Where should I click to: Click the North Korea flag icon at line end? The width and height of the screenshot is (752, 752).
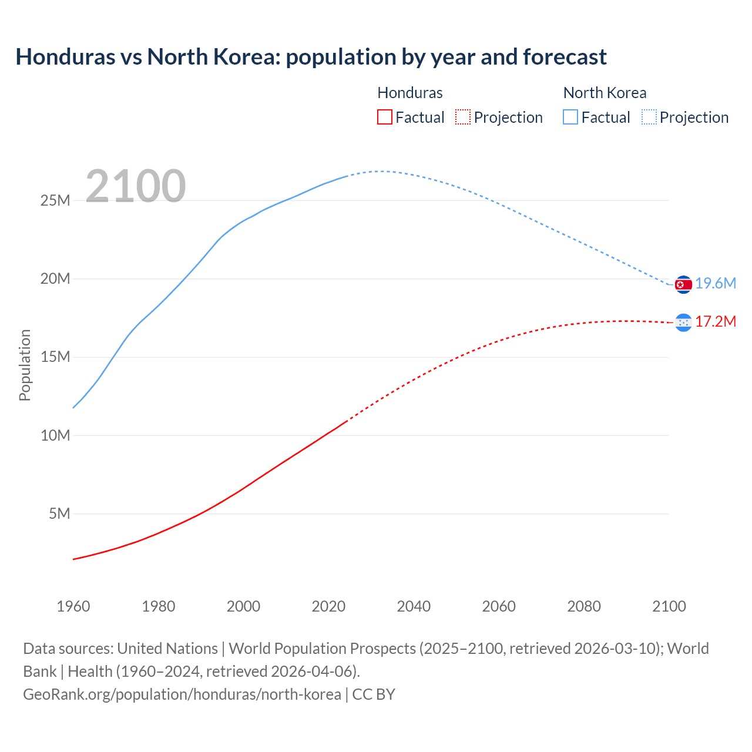tap(683, 284)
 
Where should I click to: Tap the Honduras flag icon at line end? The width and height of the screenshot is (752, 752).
tap(683, 322)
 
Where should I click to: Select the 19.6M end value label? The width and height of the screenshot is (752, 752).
tap(716, 284)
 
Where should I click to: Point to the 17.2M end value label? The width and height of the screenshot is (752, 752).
tap(716, 322)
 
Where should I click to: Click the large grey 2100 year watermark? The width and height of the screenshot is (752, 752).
tap(136, 186)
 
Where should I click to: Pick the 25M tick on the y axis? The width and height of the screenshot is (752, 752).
tap(55, 201)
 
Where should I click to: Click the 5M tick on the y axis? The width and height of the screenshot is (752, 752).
tap(59, 514)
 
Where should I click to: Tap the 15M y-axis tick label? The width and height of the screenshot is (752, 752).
tap(55, 357)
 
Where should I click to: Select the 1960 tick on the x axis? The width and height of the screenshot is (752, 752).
tap(73, 606)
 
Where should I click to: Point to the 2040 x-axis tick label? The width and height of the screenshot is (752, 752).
tap(414, 606)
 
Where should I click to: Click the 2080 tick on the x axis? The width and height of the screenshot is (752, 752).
tap(584, 606)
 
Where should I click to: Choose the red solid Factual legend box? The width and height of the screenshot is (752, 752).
tap(385, 117)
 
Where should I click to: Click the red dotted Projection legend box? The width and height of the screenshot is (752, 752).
tap(463, 117)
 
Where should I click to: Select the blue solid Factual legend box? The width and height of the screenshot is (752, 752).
tap(570, 117)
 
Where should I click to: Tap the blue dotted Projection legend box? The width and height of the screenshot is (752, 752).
tap(649, 117)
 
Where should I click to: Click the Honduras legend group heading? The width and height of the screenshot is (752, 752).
tap(410, 93)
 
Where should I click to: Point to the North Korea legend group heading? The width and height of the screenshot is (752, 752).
tap(605, 93)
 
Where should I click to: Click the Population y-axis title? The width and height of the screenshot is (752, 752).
tap(25, 365)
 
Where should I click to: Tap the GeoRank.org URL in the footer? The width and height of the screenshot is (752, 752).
tap(182, 694)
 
